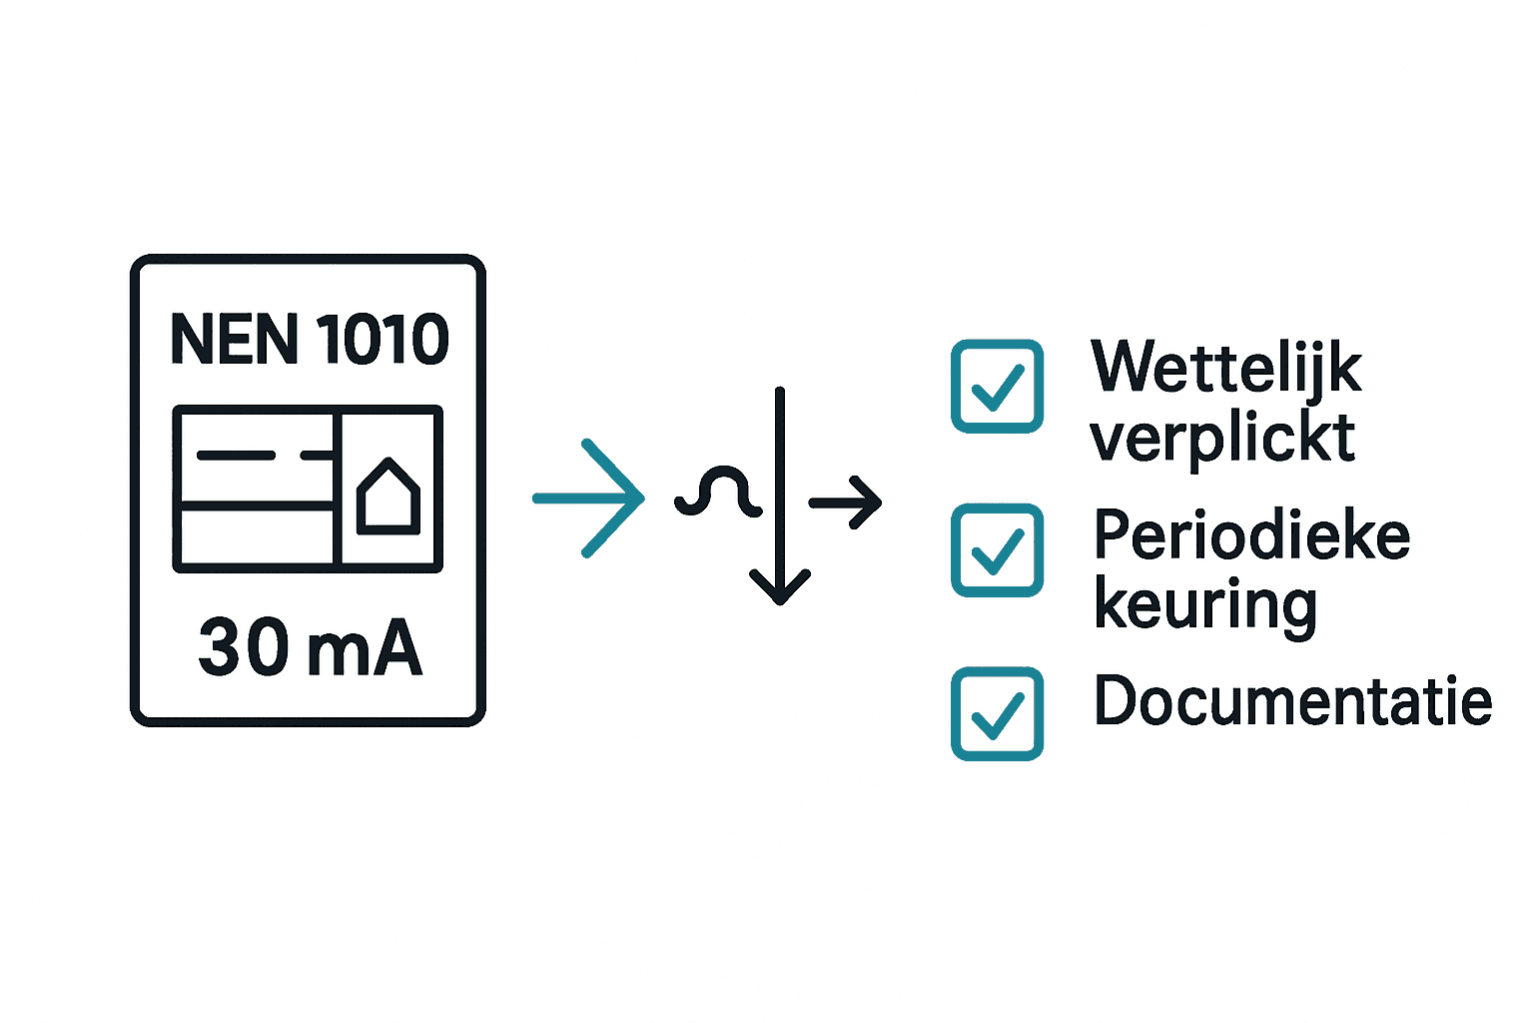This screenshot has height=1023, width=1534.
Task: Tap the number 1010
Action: click(383, 340)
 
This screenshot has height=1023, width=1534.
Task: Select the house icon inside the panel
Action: click(388, 496)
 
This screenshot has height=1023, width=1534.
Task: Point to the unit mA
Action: click(365, 649)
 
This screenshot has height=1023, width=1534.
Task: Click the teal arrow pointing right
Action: click(589, 498)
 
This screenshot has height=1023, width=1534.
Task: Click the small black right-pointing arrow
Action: click(846, 502)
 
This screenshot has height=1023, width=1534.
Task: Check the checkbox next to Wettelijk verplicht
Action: click(997, 387)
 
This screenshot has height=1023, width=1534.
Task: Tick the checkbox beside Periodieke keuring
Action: click(997, 550)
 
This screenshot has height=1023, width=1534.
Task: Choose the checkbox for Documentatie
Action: click(997, 713)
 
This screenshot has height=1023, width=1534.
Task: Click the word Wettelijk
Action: click(1226, 367)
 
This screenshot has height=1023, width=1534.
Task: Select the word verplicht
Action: click(1222, 438)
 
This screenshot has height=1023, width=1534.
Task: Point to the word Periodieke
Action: click(1251, 534)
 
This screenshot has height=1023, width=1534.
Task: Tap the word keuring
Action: click(1205, 605)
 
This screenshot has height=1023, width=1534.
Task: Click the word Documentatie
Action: click(1293, 700)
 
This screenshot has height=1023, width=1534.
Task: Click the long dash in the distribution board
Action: click(236, 456)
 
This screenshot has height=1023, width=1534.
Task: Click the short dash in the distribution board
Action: click(316, 456)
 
